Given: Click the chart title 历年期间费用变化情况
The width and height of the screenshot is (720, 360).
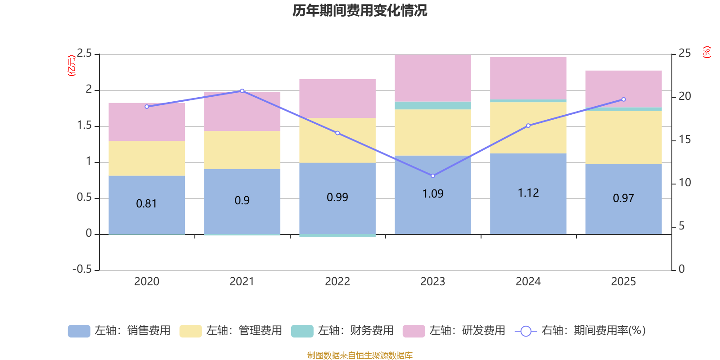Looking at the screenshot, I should click(x=360, y=10).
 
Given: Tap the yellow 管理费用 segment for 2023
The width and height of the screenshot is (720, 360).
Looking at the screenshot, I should click(x=433, y=132).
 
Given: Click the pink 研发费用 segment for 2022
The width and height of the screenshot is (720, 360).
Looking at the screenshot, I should click(x=337, y=99).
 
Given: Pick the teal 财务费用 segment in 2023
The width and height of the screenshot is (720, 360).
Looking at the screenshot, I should click(x=433, y=105).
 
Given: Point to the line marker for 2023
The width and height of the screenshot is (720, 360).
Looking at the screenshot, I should click(x=433, y=176).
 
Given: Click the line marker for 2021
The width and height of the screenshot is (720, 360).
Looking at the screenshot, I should click(x=242, y=91).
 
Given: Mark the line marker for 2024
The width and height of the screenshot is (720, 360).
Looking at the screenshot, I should click(x=528, y=126).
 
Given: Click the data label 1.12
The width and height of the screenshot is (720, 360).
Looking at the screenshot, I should click(x=528, y=193).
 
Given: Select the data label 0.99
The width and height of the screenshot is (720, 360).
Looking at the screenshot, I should click(x=337, y=198).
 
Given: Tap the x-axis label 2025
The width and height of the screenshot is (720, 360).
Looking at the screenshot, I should click(x=623, y=282).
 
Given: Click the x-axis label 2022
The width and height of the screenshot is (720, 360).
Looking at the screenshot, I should click(x=337, y=282).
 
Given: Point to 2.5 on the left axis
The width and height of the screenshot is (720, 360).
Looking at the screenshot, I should click(x=84, y=54).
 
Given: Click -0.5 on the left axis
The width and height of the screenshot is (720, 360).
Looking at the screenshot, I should click(x=82, y=269).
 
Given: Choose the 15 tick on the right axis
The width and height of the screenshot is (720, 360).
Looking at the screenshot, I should click(x=684, y=139).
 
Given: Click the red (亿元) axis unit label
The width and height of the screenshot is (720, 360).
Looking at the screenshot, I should click(x=71, y=66).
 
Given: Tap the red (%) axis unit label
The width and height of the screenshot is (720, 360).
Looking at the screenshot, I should click(x=706, y=52).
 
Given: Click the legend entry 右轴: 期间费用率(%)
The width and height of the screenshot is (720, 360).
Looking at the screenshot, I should click(x=580, y=331).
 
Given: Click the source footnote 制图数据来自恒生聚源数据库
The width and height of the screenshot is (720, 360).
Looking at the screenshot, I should click(x=360, y=355).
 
